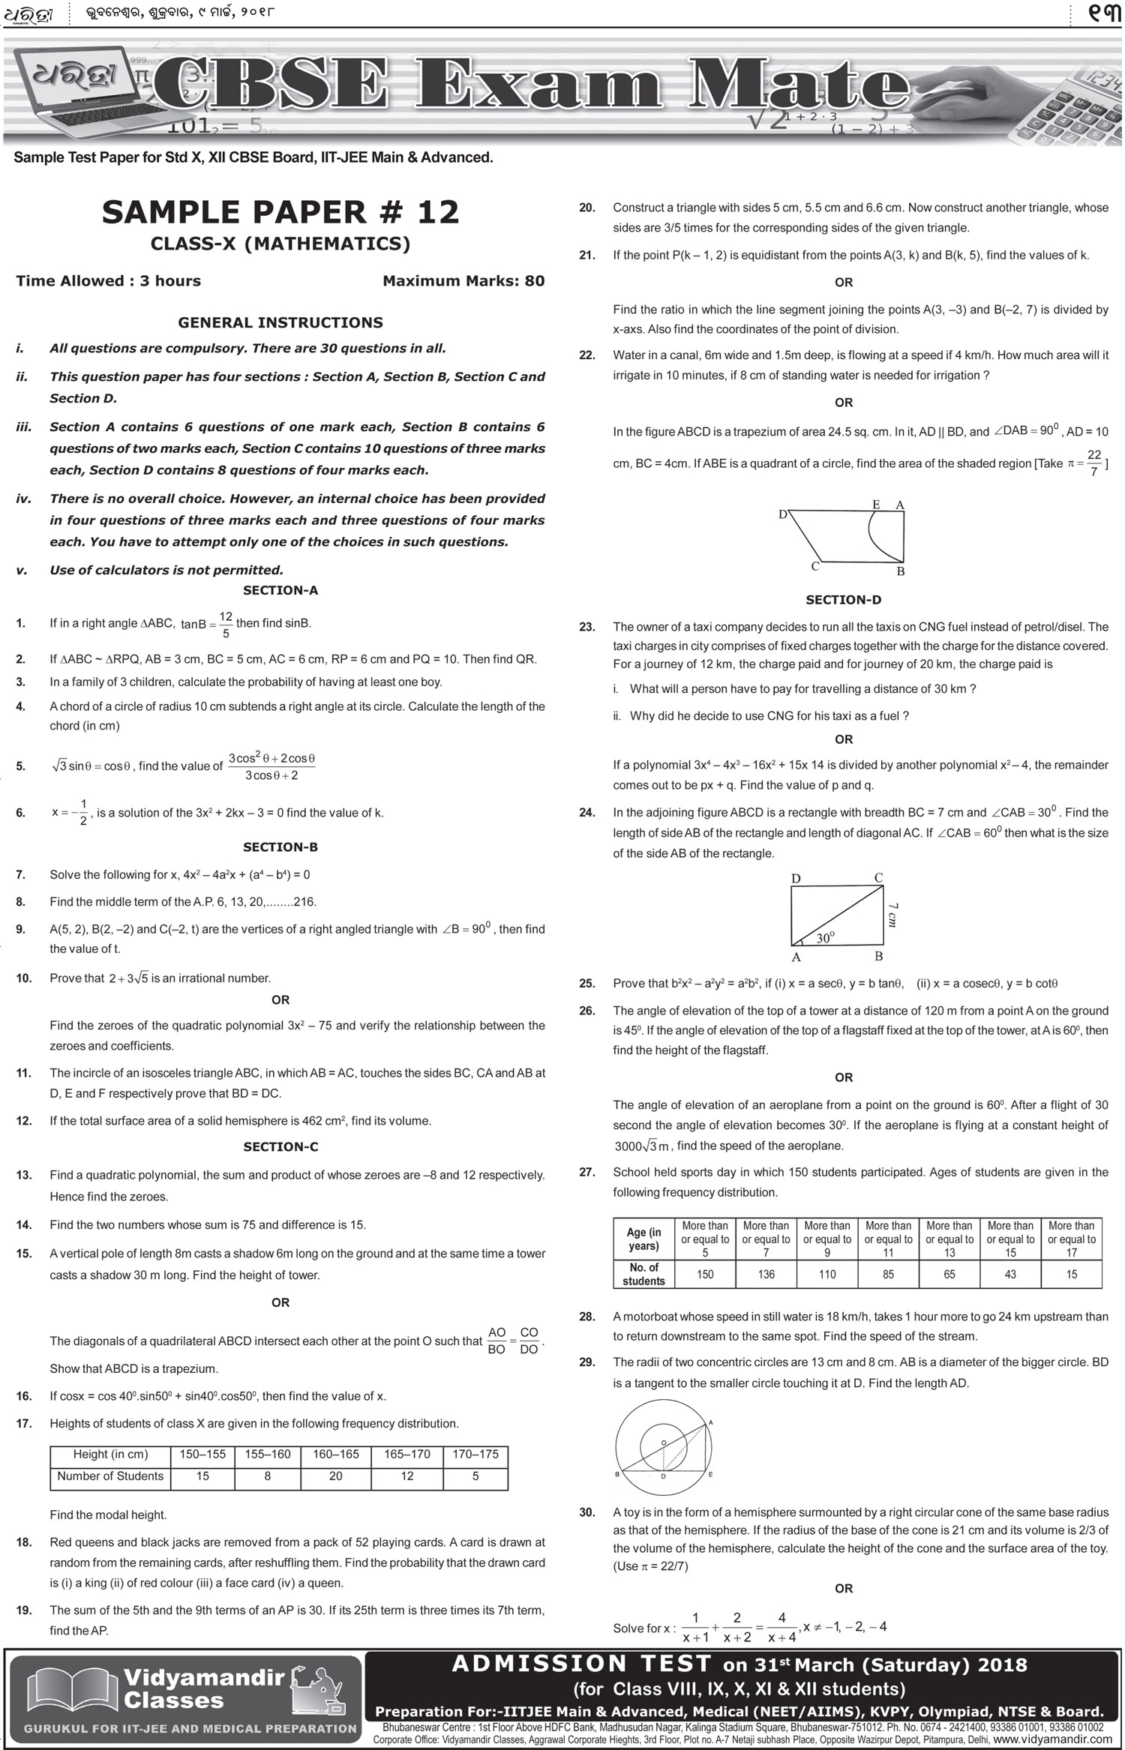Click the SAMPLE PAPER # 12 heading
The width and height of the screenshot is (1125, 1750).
pos(280,212)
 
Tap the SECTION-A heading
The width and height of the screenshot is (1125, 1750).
pos(280,590)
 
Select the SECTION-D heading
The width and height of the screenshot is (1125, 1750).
pos(843,600)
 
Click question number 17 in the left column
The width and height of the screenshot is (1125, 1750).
pos(23,1423)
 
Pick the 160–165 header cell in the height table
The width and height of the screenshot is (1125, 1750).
pos(335,1454)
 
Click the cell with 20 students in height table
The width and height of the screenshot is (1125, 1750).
pos(335,1476)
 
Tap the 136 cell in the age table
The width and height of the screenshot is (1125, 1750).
pos(766,1274)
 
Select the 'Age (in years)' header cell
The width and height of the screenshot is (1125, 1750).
pos(643,1239)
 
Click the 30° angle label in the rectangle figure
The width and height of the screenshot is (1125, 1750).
pos(825,937)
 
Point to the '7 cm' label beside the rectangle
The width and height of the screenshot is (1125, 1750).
pos(892,915)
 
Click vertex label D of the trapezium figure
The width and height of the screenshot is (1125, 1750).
pos(782,514)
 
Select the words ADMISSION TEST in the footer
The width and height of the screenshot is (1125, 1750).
pos(581,1664)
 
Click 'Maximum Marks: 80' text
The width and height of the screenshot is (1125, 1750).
pos(463,281)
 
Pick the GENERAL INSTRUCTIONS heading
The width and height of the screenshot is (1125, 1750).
pos(280,322)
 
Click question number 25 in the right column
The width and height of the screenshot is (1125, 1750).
pos(587,983)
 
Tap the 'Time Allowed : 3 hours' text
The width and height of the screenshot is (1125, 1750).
pos(109,281)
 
